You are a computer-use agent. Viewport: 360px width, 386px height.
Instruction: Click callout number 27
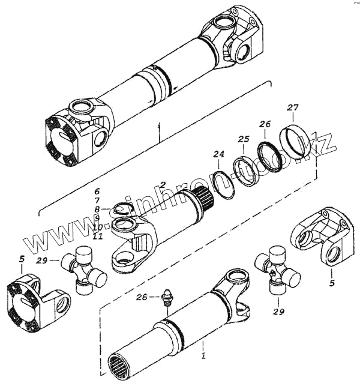[x=292, y=108]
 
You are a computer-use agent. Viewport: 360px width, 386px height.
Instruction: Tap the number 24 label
[x=219, y=155]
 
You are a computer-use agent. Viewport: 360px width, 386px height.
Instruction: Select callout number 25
[x=243, y=140]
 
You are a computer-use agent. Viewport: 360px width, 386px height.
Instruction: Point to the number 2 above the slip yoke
[x=163, y=184]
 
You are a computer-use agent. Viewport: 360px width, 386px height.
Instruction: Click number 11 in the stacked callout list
[x=98, y=236]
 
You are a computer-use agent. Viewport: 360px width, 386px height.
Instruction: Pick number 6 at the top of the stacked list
[x=96, y=192]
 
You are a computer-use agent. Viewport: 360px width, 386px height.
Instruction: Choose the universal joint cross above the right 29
[x=277, y=270]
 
